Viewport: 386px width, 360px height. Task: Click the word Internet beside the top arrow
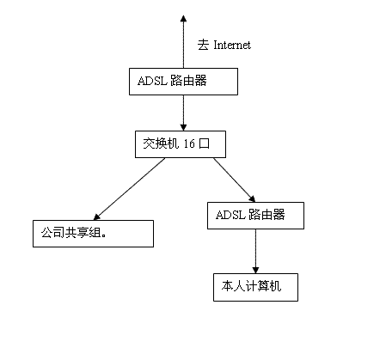pos(232,45)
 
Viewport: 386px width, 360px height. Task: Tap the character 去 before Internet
pos(203,45)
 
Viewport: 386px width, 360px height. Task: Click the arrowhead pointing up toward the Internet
pos(183,19)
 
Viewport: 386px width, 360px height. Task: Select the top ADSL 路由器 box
pos(183,82)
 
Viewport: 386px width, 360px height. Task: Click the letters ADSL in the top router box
pos(152,81)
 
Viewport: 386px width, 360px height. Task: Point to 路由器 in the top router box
pos(188,81)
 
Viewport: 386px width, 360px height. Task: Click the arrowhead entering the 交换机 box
pos(183,127)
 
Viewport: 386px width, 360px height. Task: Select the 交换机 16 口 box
pos(181,144)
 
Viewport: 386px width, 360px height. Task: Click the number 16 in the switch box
pos(189,143)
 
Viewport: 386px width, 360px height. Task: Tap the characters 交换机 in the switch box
pos(161,143)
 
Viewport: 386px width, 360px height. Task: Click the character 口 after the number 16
pos(205,143)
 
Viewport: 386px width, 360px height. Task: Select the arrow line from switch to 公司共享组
pos(130,189)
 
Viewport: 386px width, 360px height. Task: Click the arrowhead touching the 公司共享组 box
pos(97,217)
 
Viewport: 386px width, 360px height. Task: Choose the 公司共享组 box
pos(93,234)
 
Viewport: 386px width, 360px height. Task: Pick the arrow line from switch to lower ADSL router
pos(235,180)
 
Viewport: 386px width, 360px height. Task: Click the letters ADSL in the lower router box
pos(230,215)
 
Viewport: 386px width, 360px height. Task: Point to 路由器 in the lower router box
pos(267,215)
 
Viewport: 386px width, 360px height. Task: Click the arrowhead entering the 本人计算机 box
pos(255,270)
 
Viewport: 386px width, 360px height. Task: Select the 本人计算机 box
pos(255,287)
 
